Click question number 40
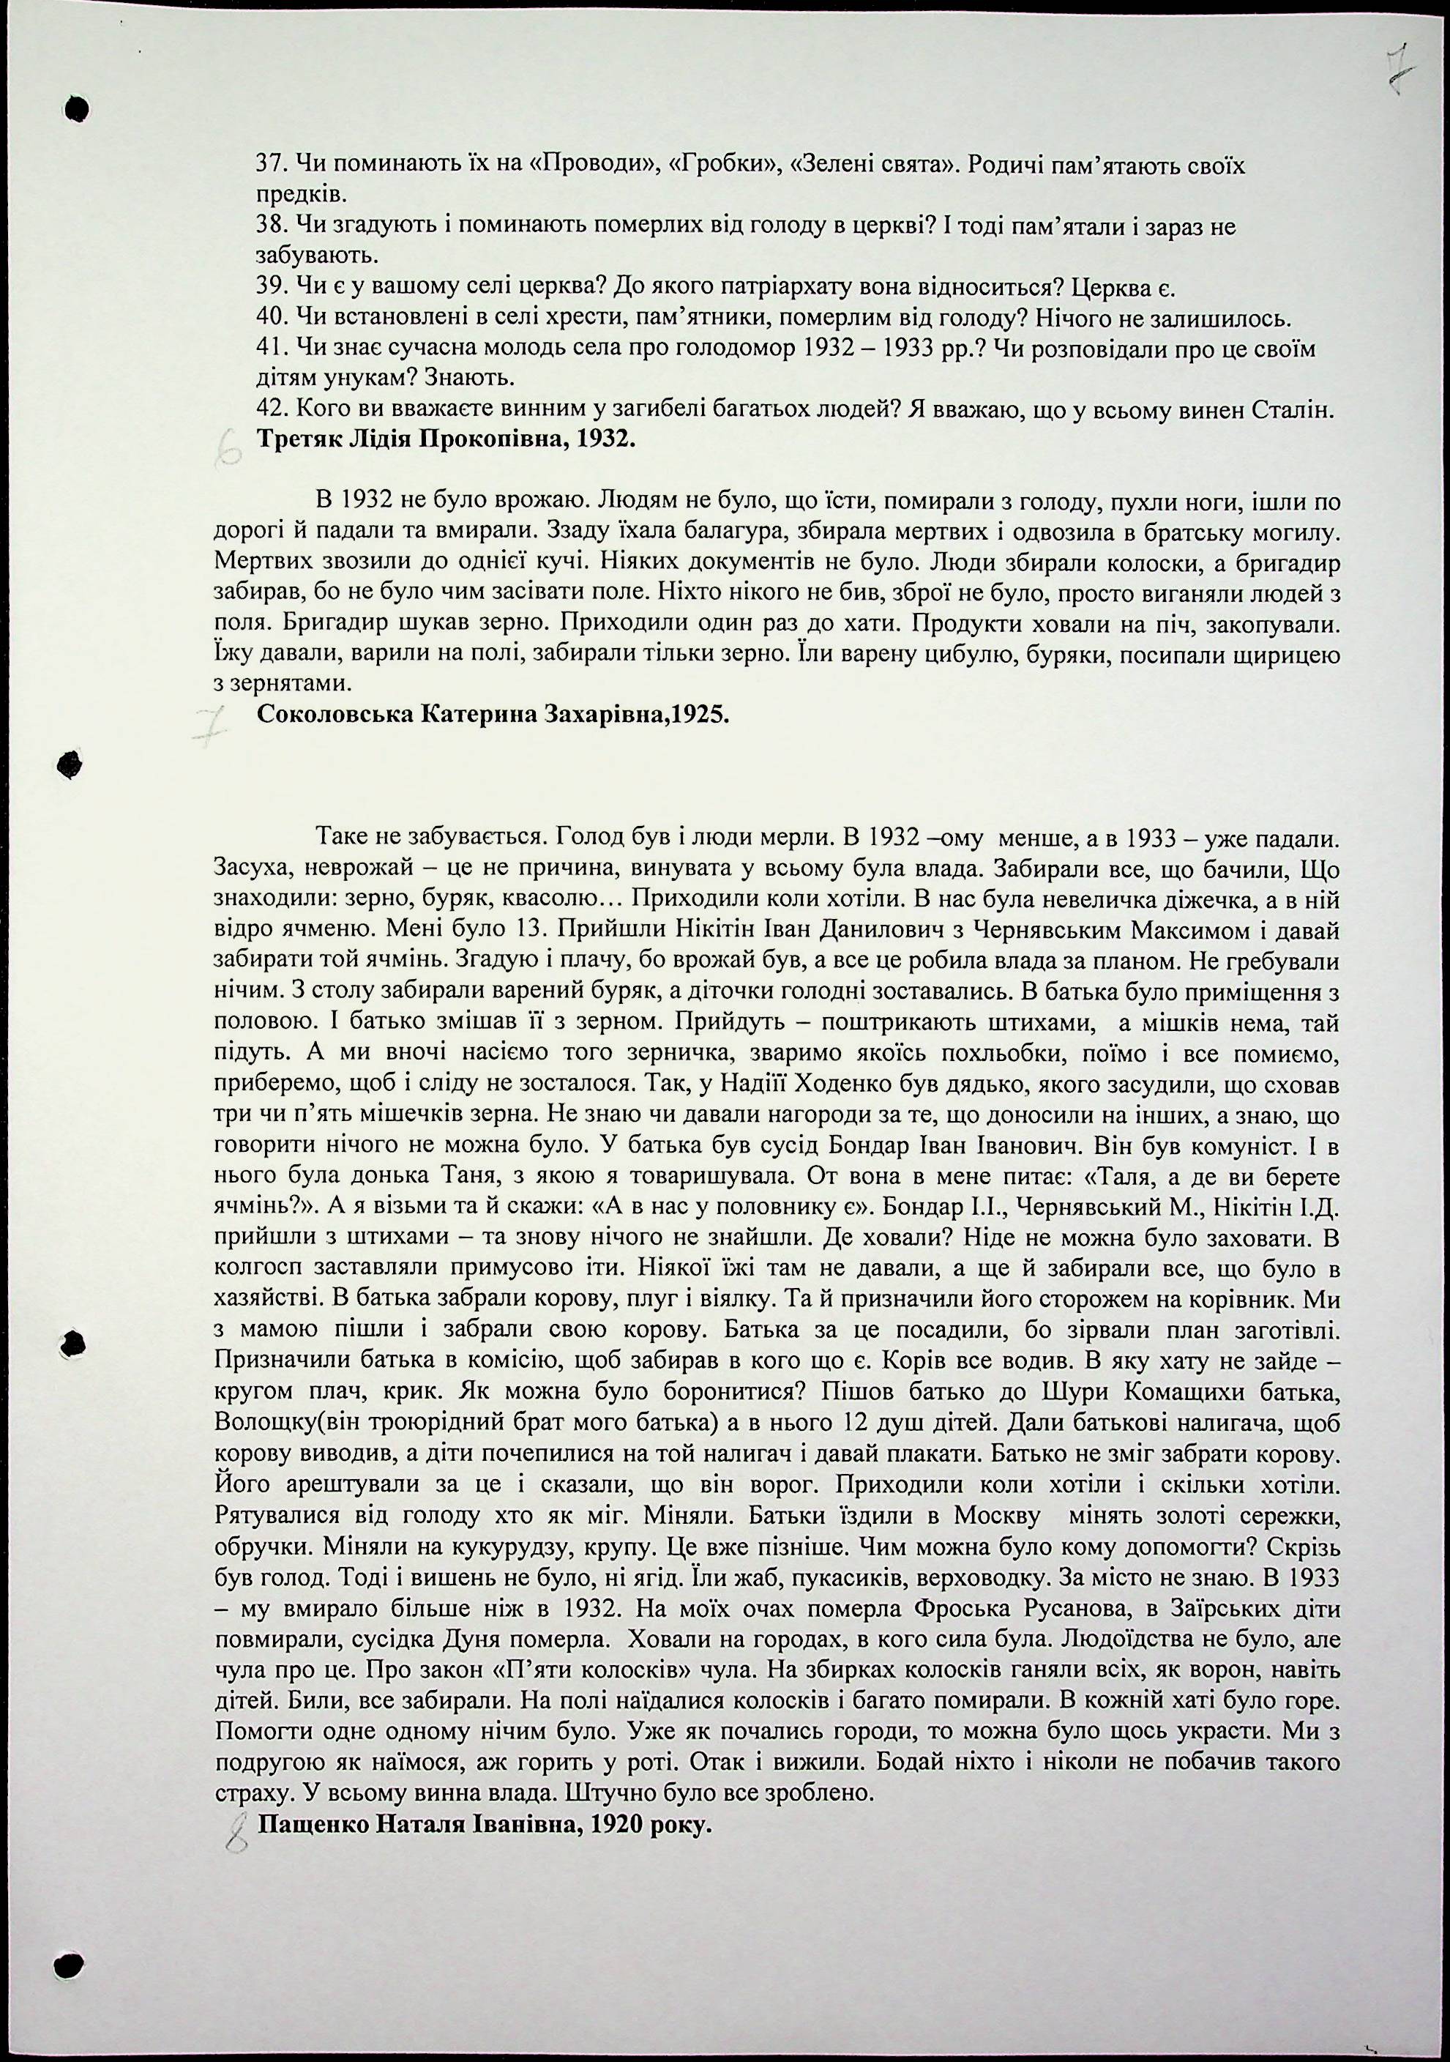coord(270,318)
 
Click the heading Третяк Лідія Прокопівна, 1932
coord(446,440)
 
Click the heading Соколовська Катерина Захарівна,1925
coord(493,715)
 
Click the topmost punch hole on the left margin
coord(79,108)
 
